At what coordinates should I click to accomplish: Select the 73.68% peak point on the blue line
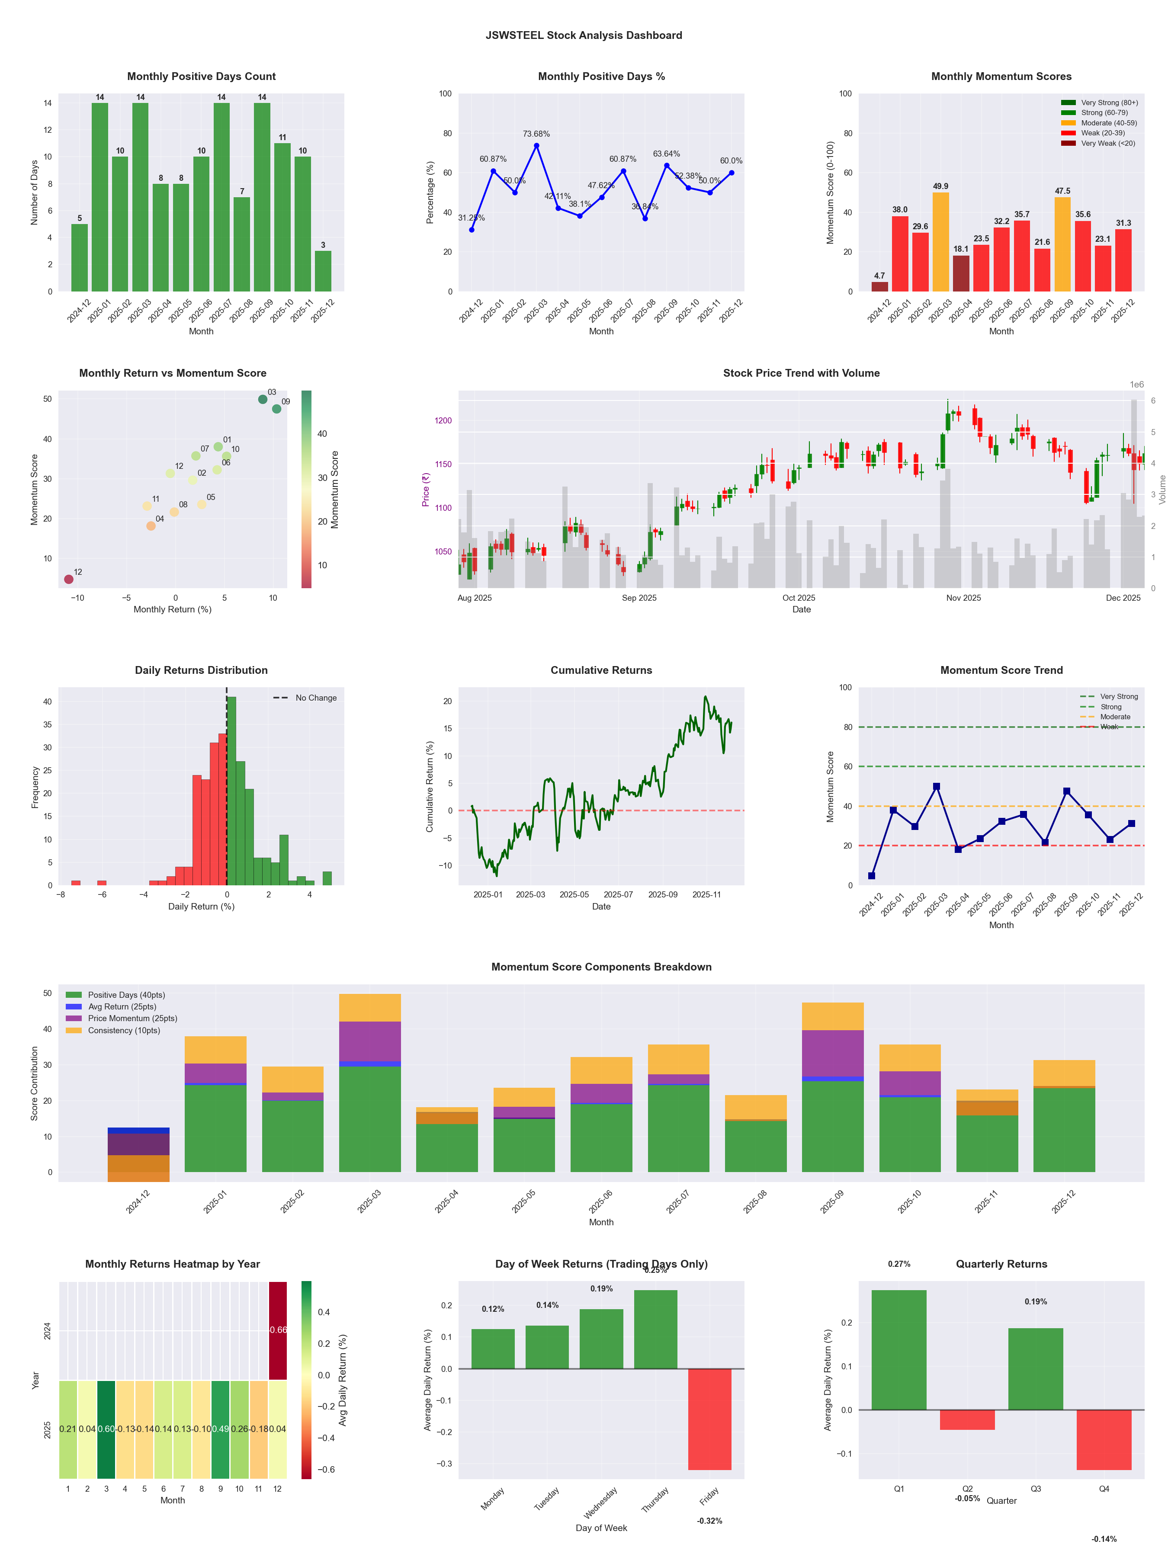pyautogui.click(x=536, y=146)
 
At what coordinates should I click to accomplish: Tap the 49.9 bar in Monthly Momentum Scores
pyautogui.click(x=940, y=241)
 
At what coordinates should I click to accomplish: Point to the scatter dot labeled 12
pyautogui.click(x=68, y=579)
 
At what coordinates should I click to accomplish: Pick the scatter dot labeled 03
pyautogui.click(x=263, y=399)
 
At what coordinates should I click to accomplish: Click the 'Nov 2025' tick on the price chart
pyautogui.click(x=963, y=598)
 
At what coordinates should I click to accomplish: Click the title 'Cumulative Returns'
pyautogui.click(x=601, y=670)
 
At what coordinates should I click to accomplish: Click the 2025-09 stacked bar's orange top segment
pyautogui.click(x=832, y=1016)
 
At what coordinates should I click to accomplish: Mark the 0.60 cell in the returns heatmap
pyautogui.click(x=106, y=1429)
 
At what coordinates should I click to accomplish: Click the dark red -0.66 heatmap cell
pyautogui.click(x=278, y=1330)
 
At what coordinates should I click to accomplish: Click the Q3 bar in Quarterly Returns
pyautogui.click(x=1036, y=1369)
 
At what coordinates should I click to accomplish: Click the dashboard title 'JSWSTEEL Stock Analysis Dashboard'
pyautogui.click(x=584, y=35)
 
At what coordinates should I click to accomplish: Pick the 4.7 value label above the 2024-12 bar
pyautogui.click(x=879, y=276)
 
